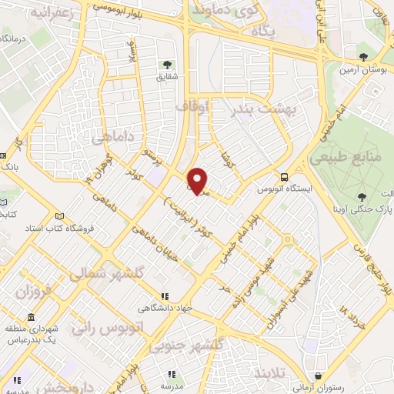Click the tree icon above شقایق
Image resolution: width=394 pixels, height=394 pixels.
click(165, 64)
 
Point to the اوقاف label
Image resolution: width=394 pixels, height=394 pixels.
click(192, 108)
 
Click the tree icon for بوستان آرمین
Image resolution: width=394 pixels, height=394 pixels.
click(363, 56)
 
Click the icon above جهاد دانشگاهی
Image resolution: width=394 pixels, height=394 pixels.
click(164, 296)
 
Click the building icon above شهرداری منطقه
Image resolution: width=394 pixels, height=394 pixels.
click(30, 317)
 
